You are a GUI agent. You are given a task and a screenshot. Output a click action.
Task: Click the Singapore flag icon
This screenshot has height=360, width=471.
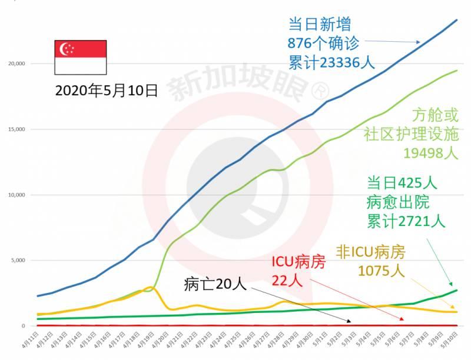pos(81,57)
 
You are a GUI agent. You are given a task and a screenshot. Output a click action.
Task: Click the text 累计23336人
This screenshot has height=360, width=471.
pos(331,62)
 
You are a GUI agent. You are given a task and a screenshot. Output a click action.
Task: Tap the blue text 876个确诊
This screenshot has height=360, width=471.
pos(321,43)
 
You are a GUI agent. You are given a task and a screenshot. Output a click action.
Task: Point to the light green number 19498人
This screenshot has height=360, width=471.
pos(429,154)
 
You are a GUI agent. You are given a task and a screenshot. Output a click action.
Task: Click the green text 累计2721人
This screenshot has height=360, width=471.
pos(406,221)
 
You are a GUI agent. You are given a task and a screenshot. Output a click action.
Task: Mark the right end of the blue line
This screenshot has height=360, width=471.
pos(457,20)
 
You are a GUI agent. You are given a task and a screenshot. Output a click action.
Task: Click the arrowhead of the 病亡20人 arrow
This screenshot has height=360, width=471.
pos(351,322)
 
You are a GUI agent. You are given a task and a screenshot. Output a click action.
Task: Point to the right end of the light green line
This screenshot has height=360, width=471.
pos(457,71)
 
